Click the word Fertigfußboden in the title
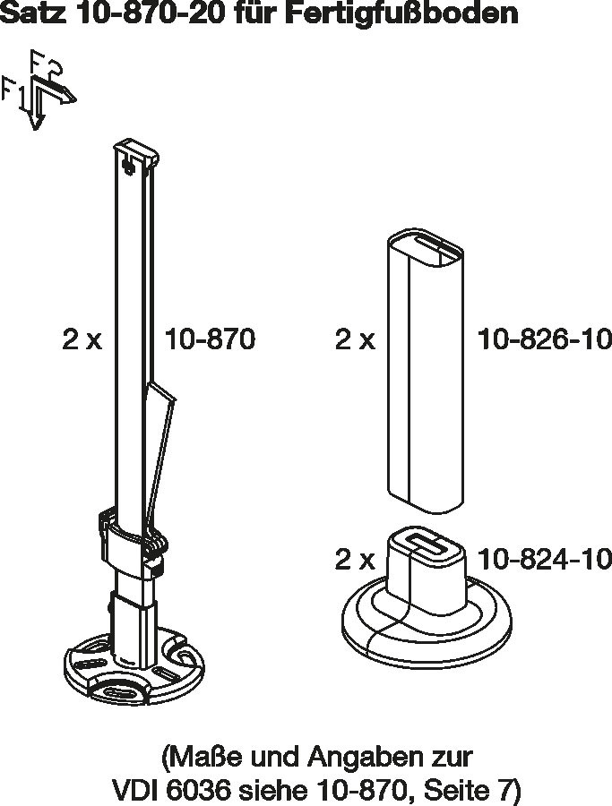point(401,13)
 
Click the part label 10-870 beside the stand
point(210,339)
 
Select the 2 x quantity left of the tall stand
point(82,339)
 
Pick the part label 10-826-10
point(545,339)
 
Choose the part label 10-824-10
point(545,559)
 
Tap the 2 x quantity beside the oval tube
point(356,339)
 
